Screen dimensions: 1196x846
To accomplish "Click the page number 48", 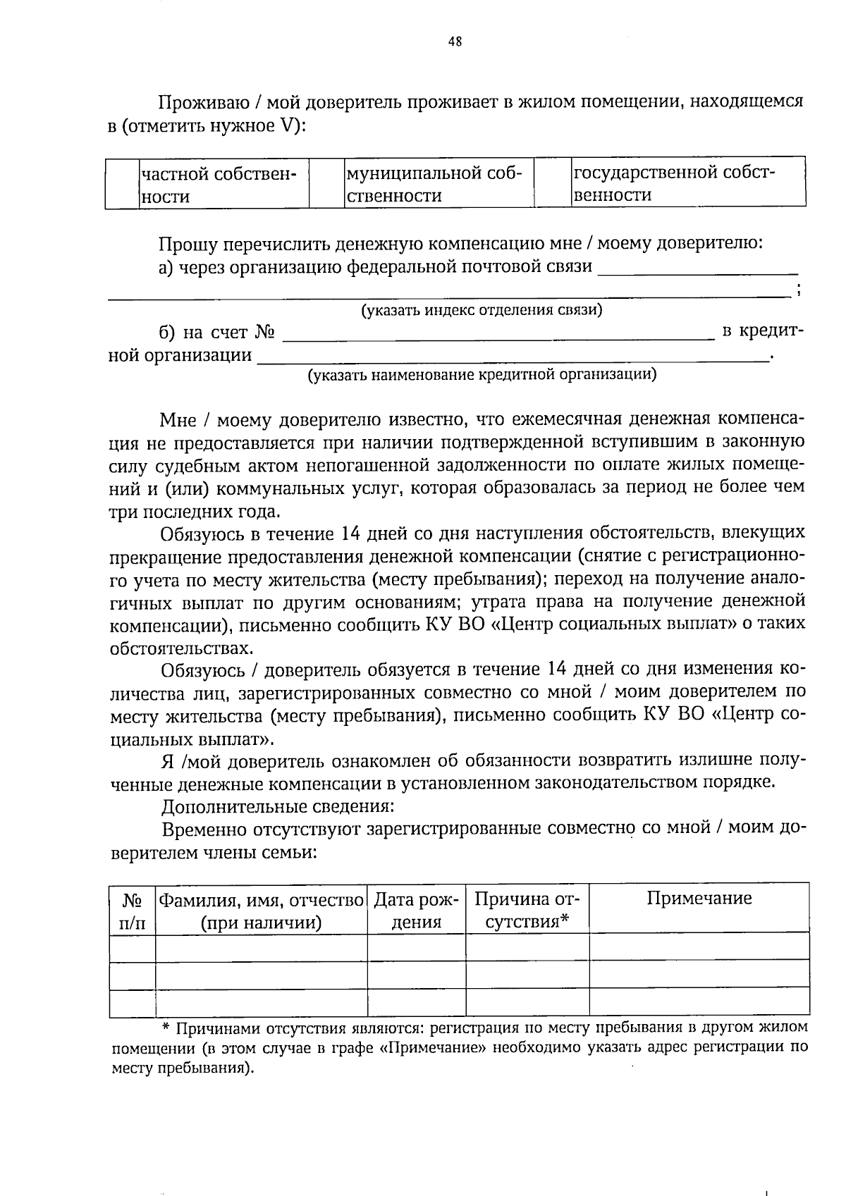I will point(455,42).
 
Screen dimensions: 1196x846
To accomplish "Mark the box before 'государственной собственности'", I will point(552,183).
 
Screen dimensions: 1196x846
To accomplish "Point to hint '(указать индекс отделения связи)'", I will point(482,310).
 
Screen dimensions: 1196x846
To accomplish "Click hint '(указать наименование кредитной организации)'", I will point(482,375).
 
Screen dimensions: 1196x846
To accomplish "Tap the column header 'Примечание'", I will point(699,898).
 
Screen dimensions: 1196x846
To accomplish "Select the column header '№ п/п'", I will point(133,911).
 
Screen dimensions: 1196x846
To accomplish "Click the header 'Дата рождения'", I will point(416,911).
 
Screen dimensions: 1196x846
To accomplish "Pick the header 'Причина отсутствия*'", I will point(527,911).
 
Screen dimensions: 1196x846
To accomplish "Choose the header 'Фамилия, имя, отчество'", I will point(261,911).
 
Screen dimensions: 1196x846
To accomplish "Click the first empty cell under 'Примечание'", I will point(699,946).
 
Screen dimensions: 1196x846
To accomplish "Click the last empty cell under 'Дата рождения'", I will point(416,1002).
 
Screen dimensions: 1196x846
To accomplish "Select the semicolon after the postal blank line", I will point(798,291).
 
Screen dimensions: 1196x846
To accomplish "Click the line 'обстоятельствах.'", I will point(180,648).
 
